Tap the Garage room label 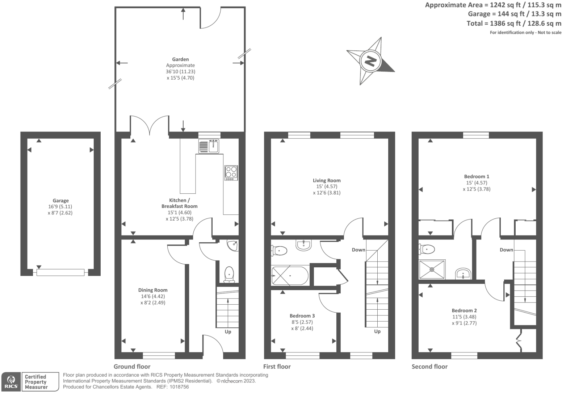click(x=60, y=200)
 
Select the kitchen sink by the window click(x=209, y=146)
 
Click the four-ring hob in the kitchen click(x=231, y=173)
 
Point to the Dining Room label click(x=153, y=290)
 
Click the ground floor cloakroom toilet click(x=229, y=274)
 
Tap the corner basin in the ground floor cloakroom click(x=232, y=245)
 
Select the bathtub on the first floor click(x=290, y=276)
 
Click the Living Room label click(x=327, y=180)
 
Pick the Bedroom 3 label click(x=302, y=316)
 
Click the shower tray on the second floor click(x=432, y=269)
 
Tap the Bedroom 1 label click(x=477, y=176)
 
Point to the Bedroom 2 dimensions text click(x=464, y=320)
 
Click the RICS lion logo click(x=11, y=382)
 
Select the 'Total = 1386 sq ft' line click(x=514, y=24)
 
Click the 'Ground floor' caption click(x=132, y=367)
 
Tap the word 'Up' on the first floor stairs click(x=377, y=331)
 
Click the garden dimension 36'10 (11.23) click(x=180, y=71)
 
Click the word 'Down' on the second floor click(x=506, y=250)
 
